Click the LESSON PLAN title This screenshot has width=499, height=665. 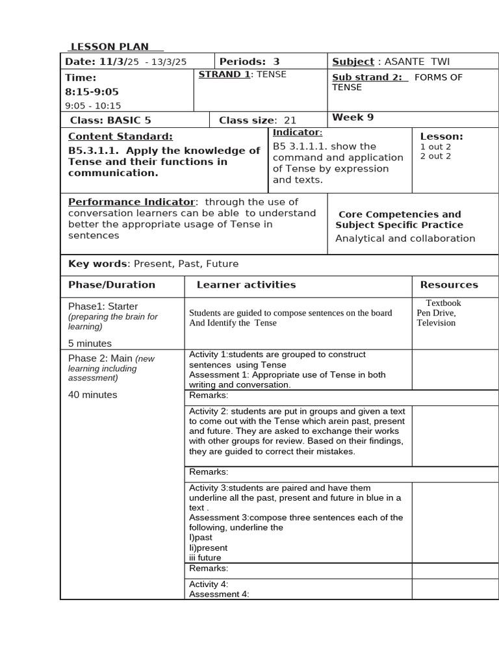(x=109, y=47)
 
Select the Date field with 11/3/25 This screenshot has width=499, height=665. (x=125, y=62)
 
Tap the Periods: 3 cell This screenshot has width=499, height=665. (x=249, y=62)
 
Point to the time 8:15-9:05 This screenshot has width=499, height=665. (x=92, y=92)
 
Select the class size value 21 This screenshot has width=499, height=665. (x=290, y=120)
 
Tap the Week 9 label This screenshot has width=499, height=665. (x=353, y=118)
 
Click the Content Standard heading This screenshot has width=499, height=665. (x=120, y=136)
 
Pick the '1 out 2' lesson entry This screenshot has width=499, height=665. (x=435, y=147)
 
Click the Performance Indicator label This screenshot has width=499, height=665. (x=131, y=202)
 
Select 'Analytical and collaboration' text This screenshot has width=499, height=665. (x=405, y=238)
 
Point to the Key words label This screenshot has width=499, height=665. (x=99, y=264)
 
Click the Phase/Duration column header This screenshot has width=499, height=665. (x=112, y=284)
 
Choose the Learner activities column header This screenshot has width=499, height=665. (x=246, y=284)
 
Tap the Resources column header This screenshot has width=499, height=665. (x=448, y=284)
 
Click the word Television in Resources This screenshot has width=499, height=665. (x=436, y=323)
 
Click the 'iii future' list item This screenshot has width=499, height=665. (x=205, y=557)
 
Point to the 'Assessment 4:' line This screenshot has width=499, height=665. (x=219, y=594)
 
